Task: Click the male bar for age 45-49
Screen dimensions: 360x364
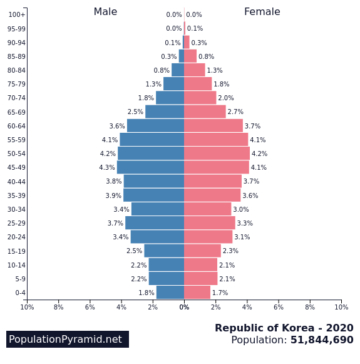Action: (150, 167)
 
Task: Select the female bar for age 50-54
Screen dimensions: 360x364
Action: (217, 153)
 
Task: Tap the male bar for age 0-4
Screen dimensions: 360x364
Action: (170, 293)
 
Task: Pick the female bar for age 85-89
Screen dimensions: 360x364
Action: (190, 56)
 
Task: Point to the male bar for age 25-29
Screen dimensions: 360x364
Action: (155, 223)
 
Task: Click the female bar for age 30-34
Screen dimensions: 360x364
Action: (208, 209)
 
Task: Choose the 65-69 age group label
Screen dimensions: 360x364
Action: (16, 112)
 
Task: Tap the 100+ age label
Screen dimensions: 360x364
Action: (17, 14)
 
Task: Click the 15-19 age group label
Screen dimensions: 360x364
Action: (16, 251)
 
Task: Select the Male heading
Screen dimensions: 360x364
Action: (105, 12)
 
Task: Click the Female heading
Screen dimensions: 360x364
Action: (262, 12)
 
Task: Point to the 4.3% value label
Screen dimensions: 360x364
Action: (107, 167)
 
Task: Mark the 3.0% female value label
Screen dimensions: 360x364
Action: (241, 209)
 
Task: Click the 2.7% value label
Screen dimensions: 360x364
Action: (235, 112)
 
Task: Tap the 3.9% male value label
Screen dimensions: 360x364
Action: (113, 195)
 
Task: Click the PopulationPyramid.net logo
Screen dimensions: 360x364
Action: (68, 339)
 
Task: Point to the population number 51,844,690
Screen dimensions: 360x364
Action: (322, 340)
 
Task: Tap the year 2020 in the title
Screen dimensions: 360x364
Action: (340, 328)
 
